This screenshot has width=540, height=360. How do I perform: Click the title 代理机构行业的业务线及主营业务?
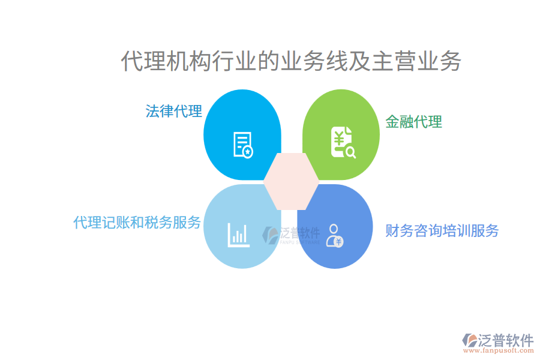(x=291, y=62)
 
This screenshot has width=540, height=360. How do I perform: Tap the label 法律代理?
(x=174, y=111)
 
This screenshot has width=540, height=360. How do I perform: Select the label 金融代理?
(x=413, y=122)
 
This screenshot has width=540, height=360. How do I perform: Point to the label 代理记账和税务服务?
(x=137, y=223)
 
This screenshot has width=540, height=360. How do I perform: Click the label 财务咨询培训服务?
(x=442, y=230)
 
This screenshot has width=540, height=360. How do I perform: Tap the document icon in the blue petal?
(x=243, y=144)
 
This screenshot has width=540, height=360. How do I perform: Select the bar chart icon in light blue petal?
(x=238, y=235)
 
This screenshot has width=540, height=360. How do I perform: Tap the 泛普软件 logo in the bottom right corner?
(x=498, y=341)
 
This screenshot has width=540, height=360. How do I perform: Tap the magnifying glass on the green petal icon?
(x=350, y=152)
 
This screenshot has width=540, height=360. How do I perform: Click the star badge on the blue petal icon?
(x=248, y=152)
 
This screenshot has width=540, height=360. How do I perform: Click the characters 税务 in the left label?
(x=158, y=223)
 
